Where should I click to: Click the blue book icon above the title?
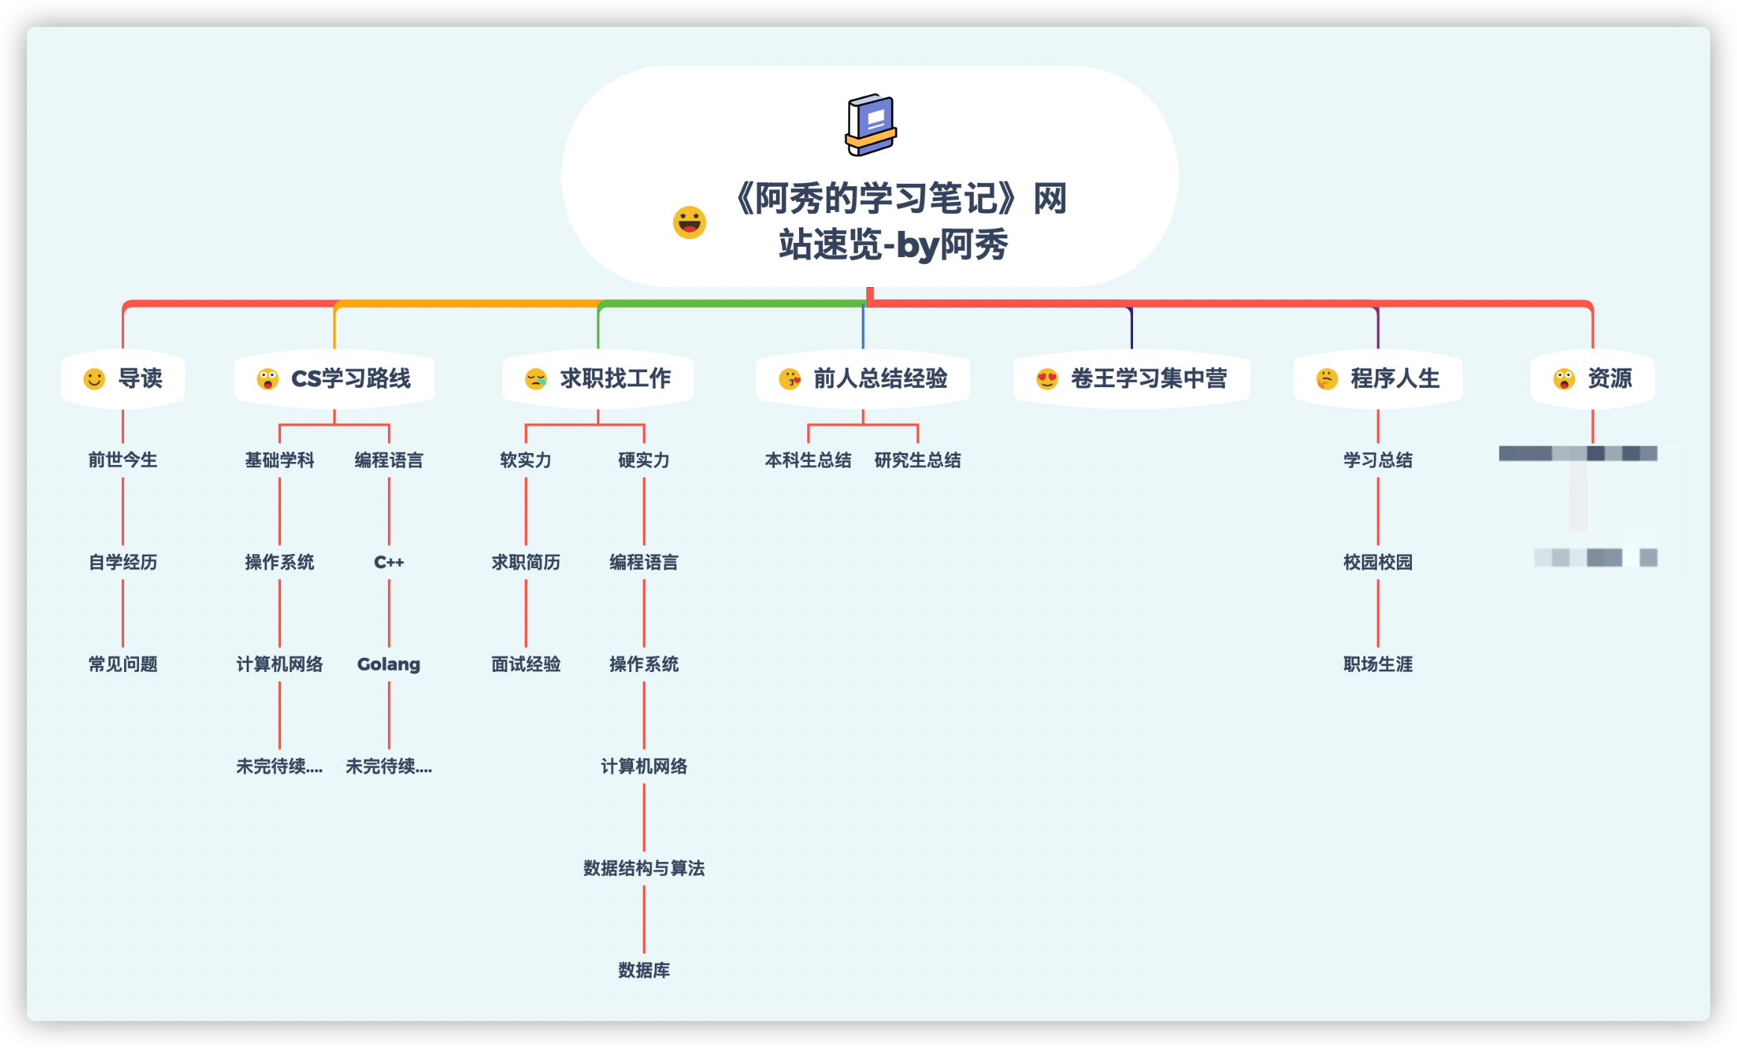(x=871, y=125)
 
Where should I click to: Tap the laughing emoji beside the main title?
(x=689, y=222)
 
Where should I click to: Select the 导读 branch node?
(x=123, y=379)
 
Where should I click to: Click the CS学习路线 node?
(x=335, y=379)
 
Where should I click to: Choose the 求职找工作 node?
(x=599, y=379)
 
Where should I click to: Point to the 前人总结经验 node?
(x=863, y=379)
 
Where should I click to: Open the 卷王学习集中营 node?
(x=1132, y=379)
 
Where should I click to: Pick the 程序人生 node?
(x=1378, y=379)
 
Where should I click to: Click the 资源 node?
(x=1593, y=379)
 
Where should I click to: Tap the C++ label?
(x=389, y=562)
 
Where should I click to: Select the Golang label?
(x=389, y=664)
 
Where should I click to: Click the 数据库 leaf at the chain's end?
(x=644, y=970)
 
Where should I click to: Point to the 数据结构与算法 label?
(x=644, y=868)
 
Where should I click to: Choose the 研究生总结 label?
(x=918, y=460)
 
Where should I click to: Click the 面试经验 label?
(x=525, y=664)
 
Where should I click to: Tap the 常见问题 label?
(x=123, y=664)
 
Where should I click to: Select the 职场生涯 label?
(x=1377, y=664)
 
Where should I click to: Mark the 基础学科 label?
(x=280, y=460)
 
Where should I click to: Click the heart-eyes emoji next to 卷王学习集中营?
(x=1047, y=379)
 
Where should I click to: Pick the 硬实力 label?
(x=644, y=460)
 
